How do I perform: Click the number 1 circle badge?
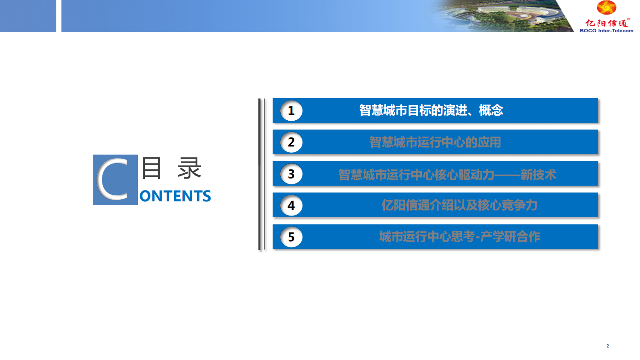click(x=291, y=111)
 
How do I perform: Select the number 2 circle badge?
click(x=291, y=142)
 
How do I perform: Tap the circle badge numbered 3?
click(x=291, y=174)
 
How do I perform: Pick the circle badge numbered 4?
click(x=291, y=205)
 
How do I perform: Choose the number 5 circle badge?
click(x=291, y=237)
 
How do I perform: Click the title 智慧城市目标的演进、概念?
click(x=431, y=110)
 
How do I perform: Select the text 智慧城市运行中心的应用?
click(x=435, y=142)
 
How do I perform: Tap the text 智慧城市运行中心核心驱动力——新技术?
click(x=447, y=174)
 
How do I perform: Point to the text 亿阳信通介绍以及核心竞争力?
click(x=459, y=205)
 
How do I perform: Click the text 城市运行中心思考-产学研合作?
click(x=459, y=237)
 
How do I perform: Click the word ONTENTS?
click(x=175, y=196)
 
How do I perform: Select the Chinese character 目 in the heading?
click(x=151, y=168)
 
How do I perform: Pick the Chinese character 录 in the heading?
click(x=189, y=168)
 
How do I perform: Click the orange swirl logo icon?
click(x=607, y=8)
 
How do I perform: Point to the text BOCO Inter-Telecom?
click(x=607, y=31)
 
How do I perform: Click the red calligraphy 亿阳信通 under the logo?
click(x=606, y=23)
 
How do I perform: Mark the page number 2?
click(x=608, y=346)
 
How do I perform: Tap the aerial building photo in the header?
click(x=504, y=16)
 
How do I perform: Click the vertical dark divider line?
click(x=260, y=174)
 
